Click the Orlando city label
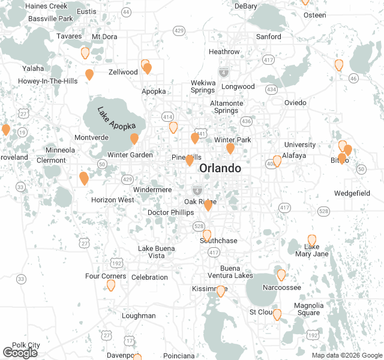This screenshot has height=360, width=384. [220, 168]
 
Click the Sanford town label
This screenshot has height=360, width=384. [268, 37]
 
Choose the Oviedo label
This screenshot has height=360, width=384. [295, 103]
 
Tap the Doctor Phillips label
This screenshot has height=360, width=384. [170, 212]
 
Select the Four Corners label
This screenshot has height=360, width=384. [106, 276]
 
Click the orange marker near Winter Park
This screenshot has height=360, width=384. [230, 148]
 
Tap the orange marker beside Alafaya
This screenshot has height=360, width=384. [277, 161]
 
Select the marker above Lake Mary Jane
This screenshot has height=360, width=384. [312, 240]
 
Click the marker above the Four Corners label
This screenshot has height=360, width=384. [111, 284]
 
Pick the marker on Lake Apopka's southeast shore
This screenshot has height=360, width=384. [134, 139]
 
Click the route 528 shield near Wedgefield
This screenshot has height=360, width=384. [324, 211]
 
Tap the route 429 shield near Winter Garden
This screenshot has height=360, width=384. [127, 179]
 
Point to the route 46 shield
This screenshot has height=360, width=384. [353, 78]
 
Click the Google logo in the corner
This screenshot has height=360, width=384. [20, 353]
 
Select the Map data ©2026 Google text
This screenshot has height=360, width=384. [346, 355]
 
